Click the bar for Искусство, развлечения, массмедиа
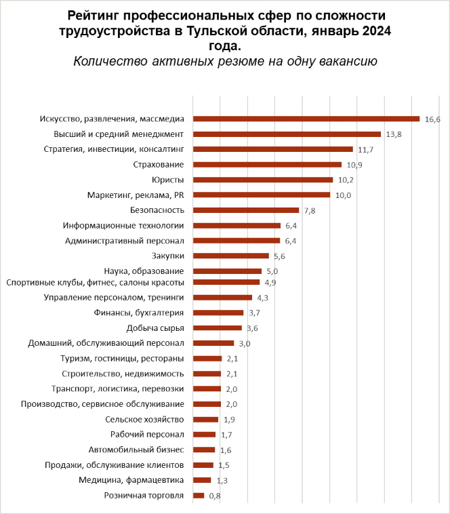306,119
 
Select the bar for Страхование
267,164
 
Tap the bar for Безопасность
246,210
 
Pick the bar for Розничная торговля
199,496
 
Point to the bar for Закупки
231,256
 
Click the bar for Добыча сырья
217,328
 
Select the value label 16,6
432,119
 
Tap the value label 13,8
394,135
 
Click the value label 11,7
365,149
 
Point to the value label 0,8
214,496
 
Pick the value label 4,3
262,298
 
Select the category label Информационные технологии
123,225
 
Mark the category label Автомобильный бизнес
136,450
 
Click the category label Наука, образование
144,271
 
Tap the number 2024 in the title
375,31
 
